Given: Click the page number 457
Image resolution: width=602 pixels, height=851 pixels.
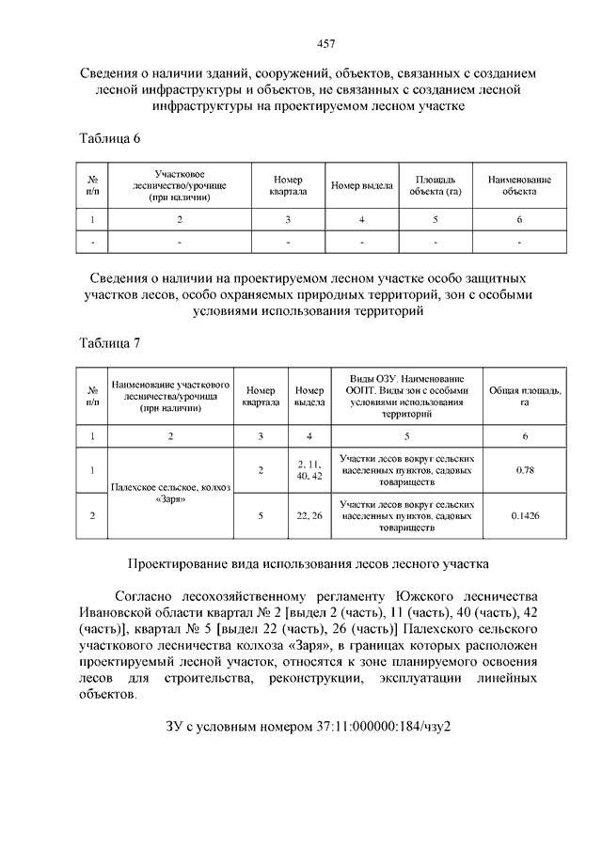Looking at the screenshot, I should pyautogui.click(x=301, y=43).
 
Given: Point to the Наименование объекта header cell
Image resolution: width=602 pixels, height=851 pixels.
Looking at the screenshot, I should pyautogui.click(x=519, y=185).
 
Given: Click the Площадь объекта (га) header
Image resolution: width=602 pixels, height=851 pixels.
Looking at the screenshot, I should pyautogui.click(x=434, y=185).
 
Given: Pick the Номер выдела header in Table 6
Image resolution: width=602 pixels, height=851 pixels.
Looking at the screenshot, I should pyautogui.click(x=361, y=185).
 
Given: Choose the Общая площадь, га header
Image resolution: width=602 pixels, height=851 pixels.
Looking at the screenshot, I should pyautogui.click(x=525, y=396).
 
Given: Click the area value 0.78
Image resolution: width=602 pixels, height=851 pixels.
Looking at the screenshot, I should pyautogui.click(x=525, y=469).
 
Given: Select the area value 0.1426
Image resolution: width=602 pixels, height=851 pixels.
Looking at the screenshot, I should pyautogui.click(x=525, y=516).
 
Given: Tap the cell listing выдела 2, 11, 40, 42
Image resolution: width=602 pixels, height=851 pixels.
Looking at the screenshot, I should pyautogui.click(x=309, y=469).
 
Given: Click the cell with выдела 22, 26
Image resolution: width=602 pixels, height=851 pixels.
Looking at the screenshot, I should pyautogui.click(x=309, y=516).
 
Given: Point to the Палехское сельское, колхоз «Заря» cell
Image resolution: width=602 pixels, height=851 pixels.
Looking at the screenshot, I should pyautogui.click(x=169, y=493).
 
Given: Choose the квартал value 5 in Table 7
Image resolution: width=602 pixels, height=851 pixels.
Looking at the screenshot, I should pyautogui.click(x=260, y=516).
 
